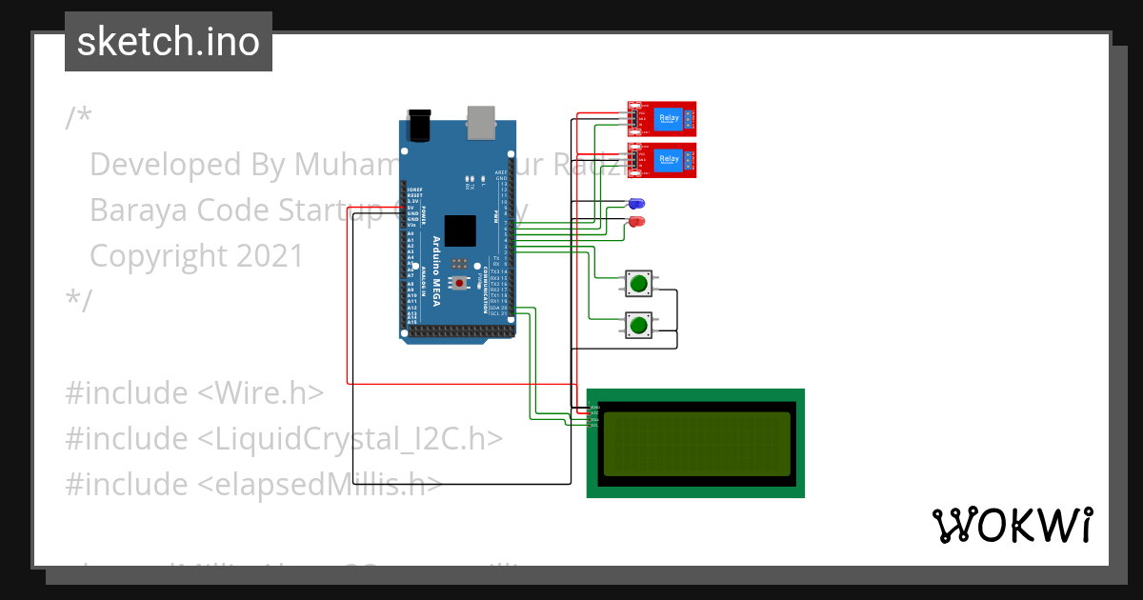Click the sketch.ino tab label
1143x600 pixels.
[x=168, y=42]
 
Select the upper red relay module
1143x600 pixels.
[x=662, y=119]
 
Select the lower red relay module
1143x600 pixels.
[x=662, y=160]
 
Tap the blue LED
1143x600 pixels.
[x=636, y=204]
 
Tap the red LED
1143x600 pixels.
[x=636, y=222]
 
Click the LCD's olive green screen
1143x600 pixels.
[x=696, y=444]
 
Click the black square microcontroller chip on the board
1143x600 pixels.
[x=459, y=231]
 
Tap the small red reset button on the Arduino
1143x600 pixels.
[x=460, y=283]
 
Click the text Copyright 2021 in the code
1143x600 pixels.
[x=196, y=256]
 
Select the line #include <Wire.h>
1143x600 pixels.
[x=194, y=392]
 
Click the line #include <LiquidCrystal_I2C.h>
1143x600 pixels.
[x=283, y=438]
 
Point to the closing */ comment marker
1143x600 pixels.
[x=78, y=301]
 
